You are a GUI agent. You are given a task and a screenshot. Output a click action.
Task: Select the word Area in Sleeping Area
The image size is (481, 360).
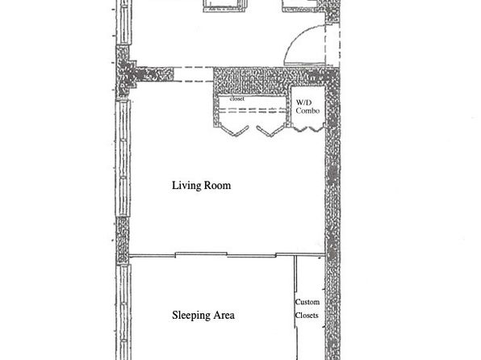pos(224,315)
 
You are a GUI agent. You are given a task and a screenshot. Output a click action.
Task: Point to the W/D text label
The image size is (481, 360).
pos(303,103)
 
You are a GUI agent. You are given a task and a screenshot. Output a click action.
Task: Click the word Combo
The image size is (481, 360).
pos(307,111)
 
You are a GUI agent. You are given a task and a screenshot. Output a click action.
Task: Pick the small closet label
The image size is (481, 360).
pos(237,98)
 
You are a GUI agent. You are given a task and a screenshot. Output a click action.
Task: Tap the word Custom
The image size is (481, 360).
pos(307,302)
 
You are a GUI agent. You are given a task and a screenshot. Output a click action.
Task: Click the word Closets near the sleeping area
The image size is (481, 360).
pos(307,315)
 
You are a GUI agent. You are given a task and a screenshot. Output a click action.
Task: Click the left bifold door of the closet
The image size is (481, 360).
pos(234,130)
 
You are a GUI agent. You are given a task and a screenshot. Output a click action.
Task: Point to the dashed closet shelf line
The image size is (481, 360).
pos(252,111)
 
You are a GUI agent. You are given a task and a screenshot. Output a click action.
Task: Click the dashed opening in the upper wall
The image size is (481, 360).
pos(194,74)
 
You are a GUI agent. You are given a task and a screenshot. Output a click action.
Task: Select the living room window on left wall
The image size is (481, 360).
pos(123,157)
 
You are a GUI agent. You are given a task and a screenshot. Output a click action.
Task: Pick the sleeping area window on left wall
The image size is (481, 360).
pos(123,312)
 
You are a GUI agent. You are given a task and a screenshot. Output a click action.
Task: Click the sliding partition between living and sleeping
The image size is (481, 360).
pos(227,254)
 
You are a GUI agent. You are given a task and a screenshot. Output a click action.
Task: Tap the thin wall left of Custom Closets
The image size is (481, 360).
pos(295,307)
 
